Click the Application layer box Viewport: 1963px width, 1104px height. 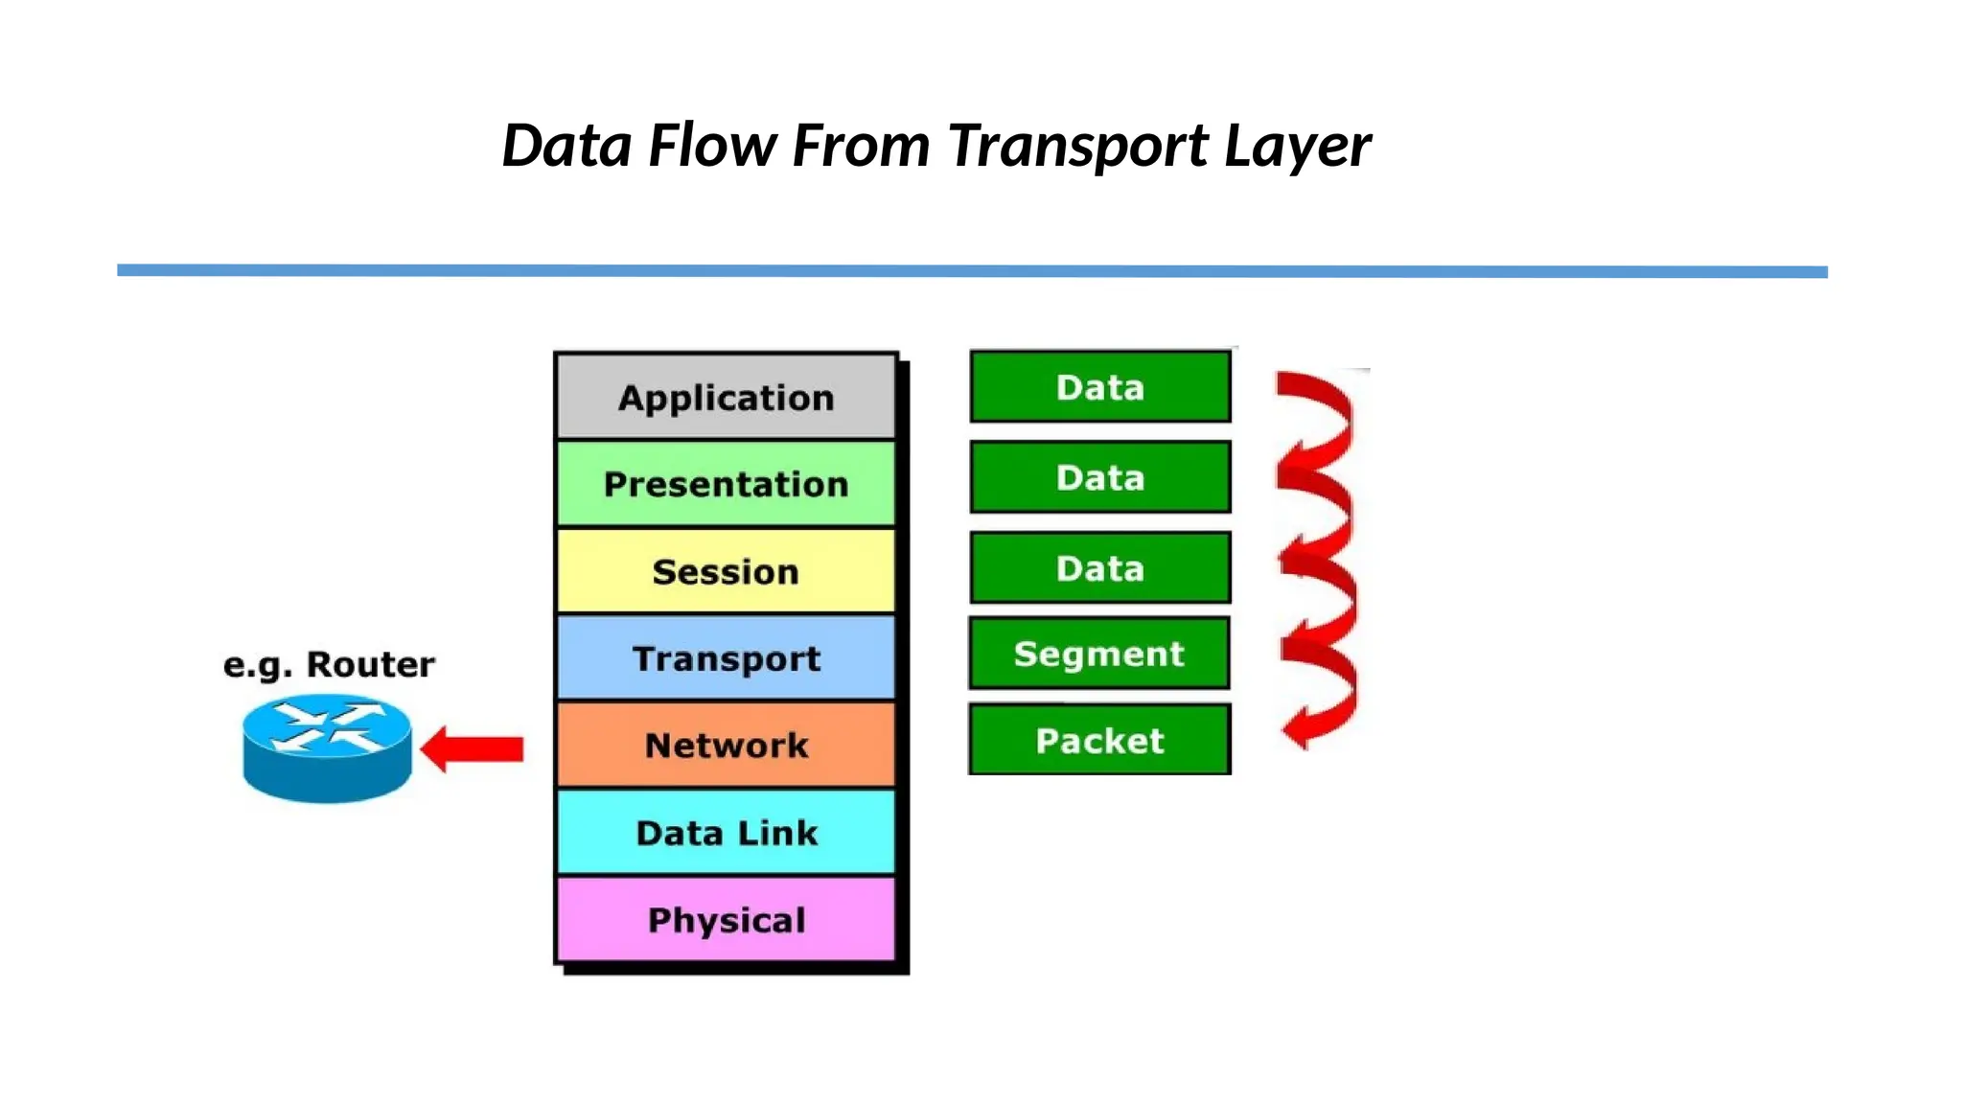(726, 397)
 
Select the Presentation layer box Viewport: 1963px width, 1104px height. (726, 484)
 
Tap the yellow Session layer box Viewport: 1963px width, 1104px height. (726, 571)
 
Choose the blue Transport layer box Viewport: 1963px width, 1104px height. (726, 658)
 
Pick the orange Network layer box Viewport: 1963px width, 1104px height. (726, 745)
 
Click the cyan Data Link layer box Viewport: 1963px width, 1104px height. (726, 832)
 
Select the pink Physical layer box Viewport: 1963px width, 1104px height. (726, 919)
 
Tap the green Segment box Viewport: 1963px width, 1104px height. (1099, 654)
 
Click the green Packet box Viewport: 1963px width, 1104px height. (1099, 740)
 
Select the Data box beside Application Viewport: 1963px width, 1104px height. (1099, 387)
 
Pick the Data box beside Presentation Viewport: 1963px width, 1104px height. (1099, 477)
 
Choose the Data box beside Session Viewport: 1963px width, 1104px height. (1099, 567)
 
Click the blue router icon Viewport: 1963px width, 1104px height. (327, 748)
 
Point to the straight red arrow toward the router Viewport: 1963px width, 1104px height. (474, 748)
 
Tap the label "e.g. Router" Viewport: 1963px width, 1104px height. (329, 664)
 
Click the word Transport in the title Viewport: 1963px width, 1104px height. (1078, 147)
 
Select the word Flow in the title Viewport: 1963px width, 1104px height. (712, 147)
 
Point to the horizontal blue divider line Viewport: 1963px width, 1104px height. (972, 271)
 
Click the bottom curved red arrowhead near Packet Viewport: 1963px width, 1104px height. (1298, 729)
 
